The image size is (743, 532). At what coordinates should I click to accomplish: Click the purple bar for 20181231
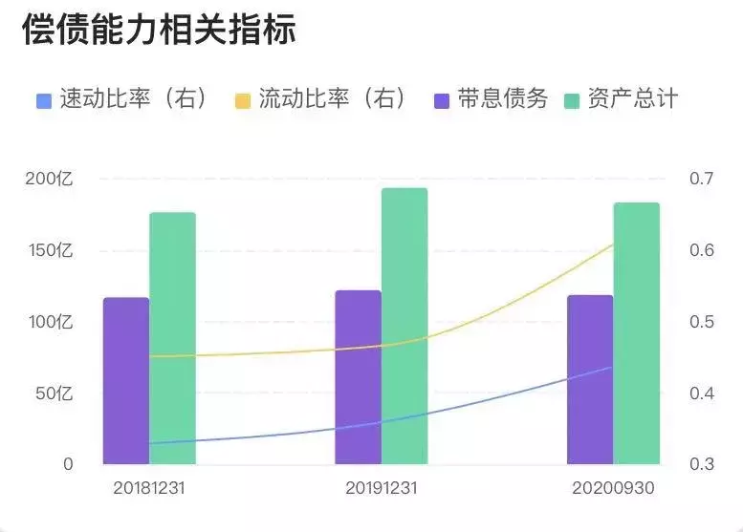click(x=126, y=382)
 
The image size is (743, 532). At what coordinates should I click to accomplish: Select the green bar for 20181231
click(x=172, y=339)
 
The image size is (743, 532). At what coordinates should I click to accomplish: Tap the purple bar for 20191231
click(x=358, y=378)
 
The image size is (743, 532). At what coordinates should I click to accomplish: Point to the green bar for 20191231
click(x=404, y=327)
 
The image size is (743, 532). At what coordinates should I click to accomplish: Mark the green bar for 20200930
click(x=636, y=334)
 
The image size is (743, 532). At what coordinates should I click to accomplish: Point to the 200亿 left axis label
click(x=50, y=179)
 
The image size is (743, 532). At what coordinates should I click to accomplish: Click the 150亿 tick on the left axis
click(x=50, y=250)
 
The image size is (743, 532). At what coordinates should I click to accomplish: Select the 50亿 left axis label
click(x=55, y=393)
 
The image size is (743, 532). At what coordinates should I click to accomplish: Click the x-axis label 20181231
click(x=148, y=488)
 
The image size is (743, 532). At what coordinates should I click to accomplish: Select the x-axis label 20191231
click(x=381, y=488)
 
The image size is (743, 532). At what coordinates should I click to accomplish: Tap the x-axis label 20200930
click(x=613, y=488)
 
